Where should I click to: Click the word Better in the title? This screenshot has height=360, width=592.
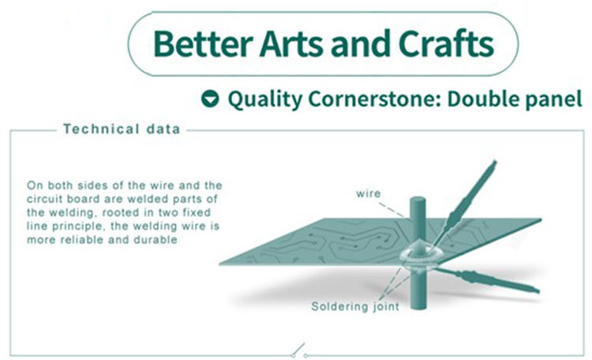(x=203, y=43)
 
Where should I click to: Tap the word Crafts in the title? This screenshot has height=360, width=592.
(x=446, y=43)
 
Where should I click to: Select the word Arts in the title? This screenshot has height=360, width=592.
(x=291, y=43)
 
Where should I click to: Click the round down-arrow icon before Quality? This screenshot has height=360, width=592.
(x=210, y=99)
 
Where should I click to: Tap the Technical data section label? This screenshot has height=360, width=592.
(x=122, y=129)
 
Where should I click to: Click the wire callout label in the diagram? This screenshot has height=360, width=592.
(x=368, y=193)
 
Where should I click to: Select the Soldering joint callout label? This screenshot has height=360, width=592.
(x=355, y=306)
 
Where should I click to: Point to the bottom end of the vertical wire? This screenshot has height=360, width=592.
(x=418, y=307)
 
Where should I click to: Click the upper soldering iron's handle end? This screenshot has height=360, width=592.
(x=494, y=163)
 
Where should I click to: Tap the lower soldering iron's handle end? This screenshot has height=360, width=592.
(x=538, y=290)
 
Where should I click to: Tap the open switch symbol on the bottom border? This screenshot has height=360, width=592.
(x=299, y=351)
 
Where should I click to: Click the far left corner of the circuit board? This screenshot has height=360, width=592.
(x=219, y=263)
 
